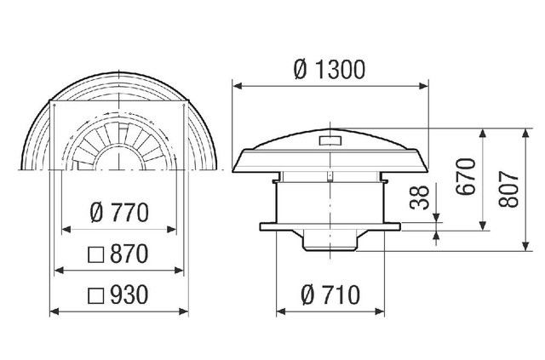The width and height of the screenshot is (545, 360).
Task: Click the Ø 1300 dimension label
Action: (330, 70)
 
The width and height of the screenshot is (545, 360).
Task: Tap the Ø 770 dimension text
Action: (119, 213)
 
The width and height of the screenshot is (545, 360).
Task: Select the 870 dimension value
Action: (129, 254)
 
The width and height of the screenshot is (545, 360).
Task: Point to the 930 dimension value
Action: (129, 295)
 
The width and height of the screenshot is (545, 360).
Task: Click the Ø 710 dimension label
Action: (330, 295)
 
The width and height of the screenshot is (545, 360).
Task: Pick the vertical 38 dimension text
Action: (420, 197)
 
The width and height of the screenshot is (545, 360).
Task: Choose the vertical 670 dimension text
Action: (466, 176)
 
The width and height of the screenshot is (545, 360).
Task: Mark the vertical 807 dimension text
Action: (508, 189)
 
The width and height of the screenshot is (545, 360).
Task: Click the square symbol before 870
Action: (96, 255)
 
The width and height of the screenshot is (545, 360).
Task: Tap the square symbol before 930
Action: (96, 295)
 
